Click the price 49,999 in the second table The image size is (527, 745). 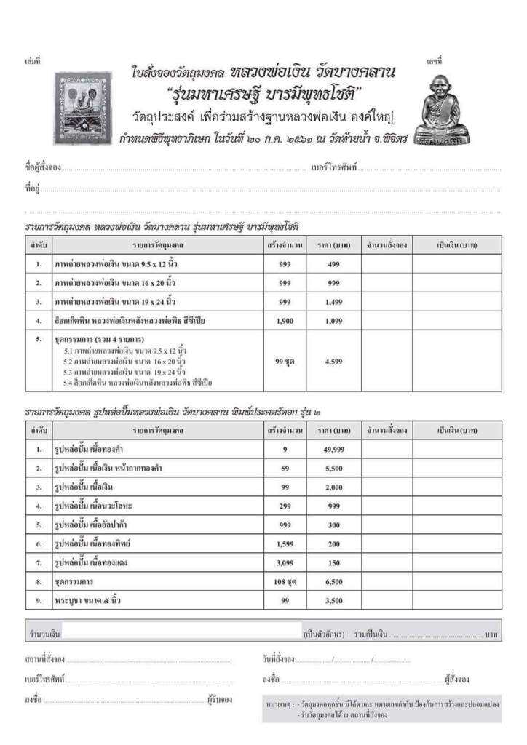[x=333, y=450]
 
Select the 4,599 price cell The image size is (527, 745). [x=333, y=361]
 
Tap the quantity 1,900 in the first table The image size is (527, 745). [x=285, y=320]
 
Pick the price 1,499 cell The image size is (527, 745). [x=333, y=301]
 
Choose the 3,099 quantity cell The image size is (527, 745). [x=285, y=563]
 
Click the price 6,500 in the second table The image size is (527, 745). [x=333, y=582]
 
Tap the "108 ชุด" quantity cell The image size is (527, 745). [x=285, y=582]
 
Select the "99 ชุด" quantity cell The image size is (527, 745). [x=285, y=361]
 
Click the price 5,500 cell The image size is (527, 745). [x=333, y=469]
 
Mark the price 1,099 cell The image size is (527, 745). [x=333, y=320]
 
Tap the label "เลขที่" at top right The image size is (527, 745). [x=435, y=60]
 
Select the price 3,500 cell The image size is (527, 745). [x=333, y=601]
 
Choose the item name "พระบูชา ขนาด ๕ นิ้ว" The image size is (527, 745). [x=88, y=601]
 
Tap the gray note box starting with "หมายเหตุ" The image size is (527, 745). [x=381, y=709]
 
